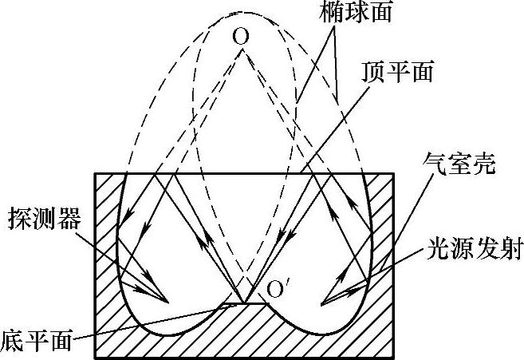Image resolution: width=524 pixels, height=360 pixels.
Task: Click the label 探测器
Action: point(45,218)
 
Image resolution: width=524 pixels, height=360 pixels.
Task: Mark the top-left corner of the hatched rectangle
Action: point(97,173)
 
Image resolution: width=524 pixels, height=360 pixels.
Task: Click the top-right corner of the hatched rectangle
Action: point(394,173)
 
